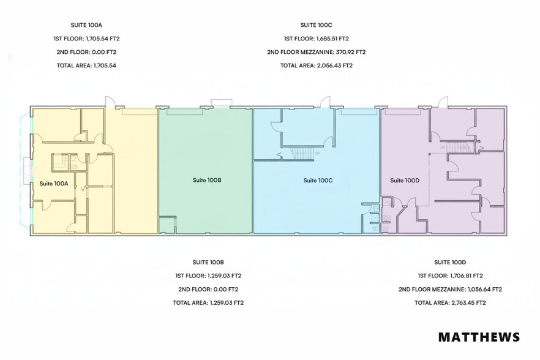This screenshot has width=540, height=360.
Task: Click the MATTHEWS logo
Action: point(479,337)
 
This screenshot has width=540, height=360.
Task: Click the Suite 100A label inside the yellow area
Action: point(53,184)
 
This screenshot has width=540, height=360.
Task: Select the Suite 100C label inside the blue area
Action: point(318,181)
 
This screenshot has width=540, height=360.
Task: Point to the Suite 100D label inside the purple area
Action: point(405,181)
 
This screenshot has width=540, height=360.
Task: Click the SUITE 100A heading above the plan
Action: point(86,25)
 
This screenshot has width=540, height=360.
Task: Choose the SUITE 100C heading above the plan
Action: point(316,25)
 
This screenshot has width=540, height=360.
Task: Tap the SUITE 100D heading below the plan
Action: point(450,262)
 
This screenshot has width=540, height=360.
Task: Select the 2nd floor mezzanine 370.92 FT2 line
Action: point(316,52)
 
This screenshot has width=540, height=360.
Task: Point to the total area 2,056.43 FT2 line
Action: point(316,66)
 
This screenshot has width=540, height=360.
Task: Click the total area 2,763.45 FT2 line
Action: point(450,302)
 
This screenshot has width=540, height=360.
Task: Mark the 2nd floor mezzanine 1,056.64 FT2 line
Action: point(450,289)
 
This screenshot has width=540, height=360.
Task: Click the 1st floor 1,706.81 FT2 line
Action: point(450,276)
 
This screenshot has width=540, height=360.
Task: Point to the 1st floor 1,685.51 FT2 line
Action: point(316,39)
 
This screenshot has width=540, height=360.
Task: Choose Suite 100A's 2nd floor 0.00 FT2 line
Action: point(86,52)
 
